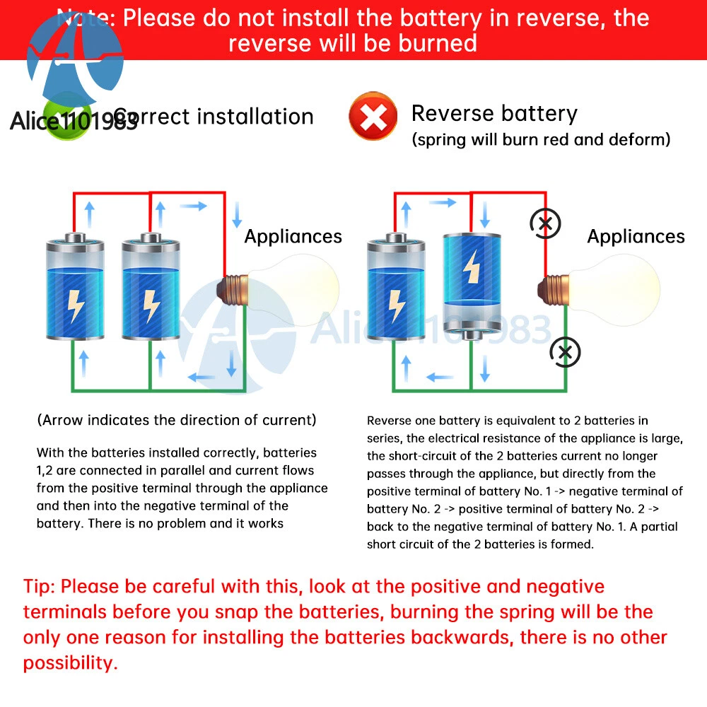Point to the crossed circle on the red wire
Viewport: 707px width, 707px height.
click(545, 224)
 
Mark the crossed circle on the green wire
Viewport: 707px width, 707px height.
click(565, 351)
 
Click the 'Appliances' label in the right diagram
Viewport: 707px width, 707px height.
click(636, 236)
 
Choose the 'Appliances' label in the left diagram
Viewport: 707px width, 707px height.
click(293, 236)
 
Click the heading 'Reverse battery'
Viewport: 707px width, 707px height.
click(494, 113)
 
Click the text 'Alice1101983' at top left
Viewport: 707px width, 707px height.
click(74, 122)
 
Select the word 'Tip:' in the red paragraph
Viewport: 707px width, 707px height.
click(40, 586)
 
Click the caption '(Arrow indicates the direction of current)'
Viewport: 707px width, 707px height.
click(177, 420)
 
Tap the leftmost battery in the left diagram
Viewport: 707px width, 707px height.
click(75, 286)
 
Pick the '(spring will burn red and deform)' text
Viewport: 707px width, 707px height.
click(541, 139)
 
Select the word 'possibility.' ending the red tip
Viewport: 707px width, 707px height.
click(70, 662)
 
